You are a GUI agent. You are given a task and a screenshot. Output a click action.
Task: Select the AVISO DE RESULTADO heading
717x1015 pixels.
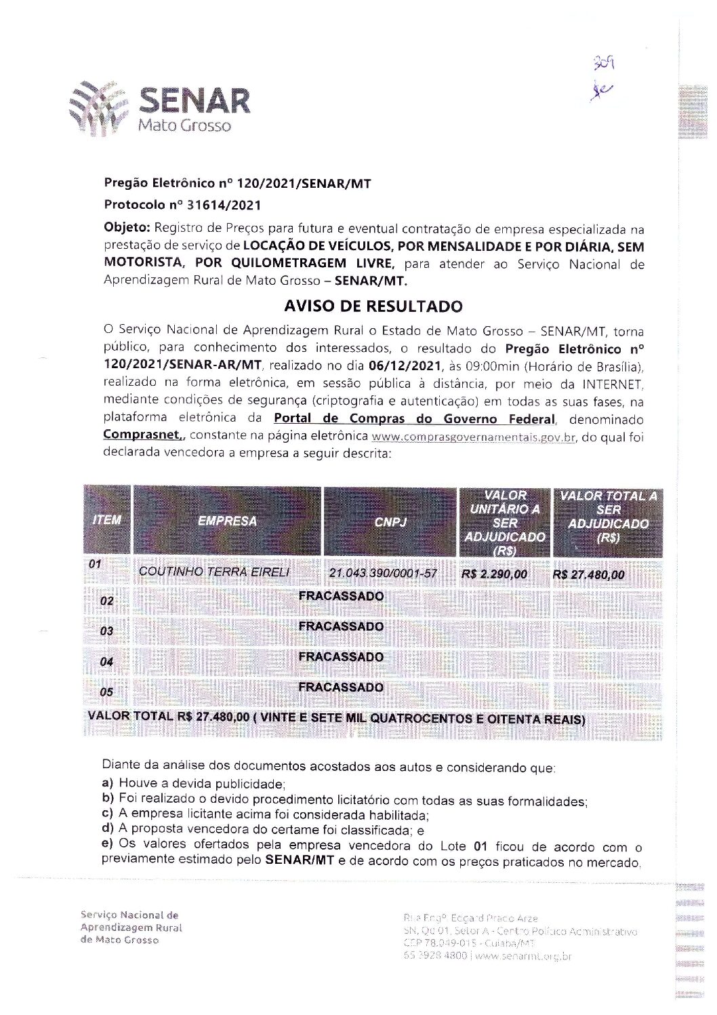tap(373, 306)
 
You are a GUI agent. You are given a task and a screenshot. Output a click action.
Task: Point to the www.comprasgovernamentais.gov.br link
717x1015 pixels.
tap(474, 437)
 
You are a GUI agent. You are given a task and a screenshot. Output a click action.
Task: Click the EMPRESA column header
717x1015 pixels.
tap(227, 521)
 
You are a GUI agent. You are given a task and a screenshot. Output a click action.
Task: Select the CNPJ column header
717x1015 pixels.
tap(390, 523)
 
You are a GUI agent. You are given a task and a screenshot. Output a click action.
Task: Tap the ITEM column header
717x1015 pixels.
tap(106, 520)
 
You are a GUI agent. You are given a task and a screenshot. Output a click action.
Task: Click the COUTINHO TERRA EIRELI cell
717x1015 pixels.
tap(214, 572)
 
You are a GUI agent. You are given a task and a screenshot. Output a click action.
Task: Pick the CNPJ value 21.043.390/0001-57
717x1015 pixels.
tap(383, 574)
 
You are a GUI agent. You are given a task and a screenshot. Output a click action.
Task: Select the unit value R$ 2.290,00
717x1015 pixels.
tap(494, 574)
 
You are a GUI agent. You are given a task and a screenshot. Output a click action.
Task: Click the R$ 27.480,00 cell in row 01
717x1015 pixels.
tap(589, 575)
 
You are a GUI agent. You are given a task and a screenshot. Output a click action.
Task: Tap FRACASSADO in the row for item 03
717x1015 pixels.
tap(341, 626)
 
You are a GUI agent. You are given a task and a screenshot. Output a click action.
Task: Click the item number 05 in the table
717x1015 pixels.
tap(106, 692)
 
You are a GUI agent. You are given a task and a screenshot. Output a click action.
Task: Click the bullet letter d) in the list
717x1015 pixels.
tap(107, 829)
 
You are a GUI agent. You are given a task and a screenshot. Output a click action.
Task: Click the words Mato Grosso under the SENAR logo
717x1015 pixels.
tap(184, 126)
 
